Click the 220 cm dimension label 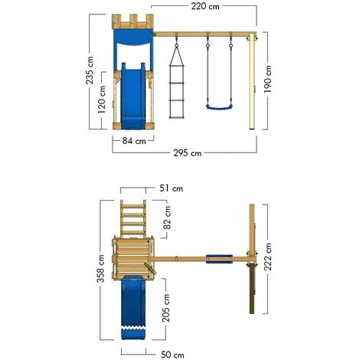(205, 6)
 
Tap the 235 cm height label (90, 70)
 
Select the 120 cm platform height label (101, 100)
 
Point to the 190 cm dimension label (267, 79)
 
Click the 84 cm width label (134, 141)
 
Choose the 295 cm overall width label (188, 153)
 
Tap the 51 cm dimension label (171, 188)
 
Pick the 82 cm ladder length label (168, 218)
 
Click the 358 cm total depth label (100, 268)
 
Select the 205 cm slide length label (166, 308)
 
